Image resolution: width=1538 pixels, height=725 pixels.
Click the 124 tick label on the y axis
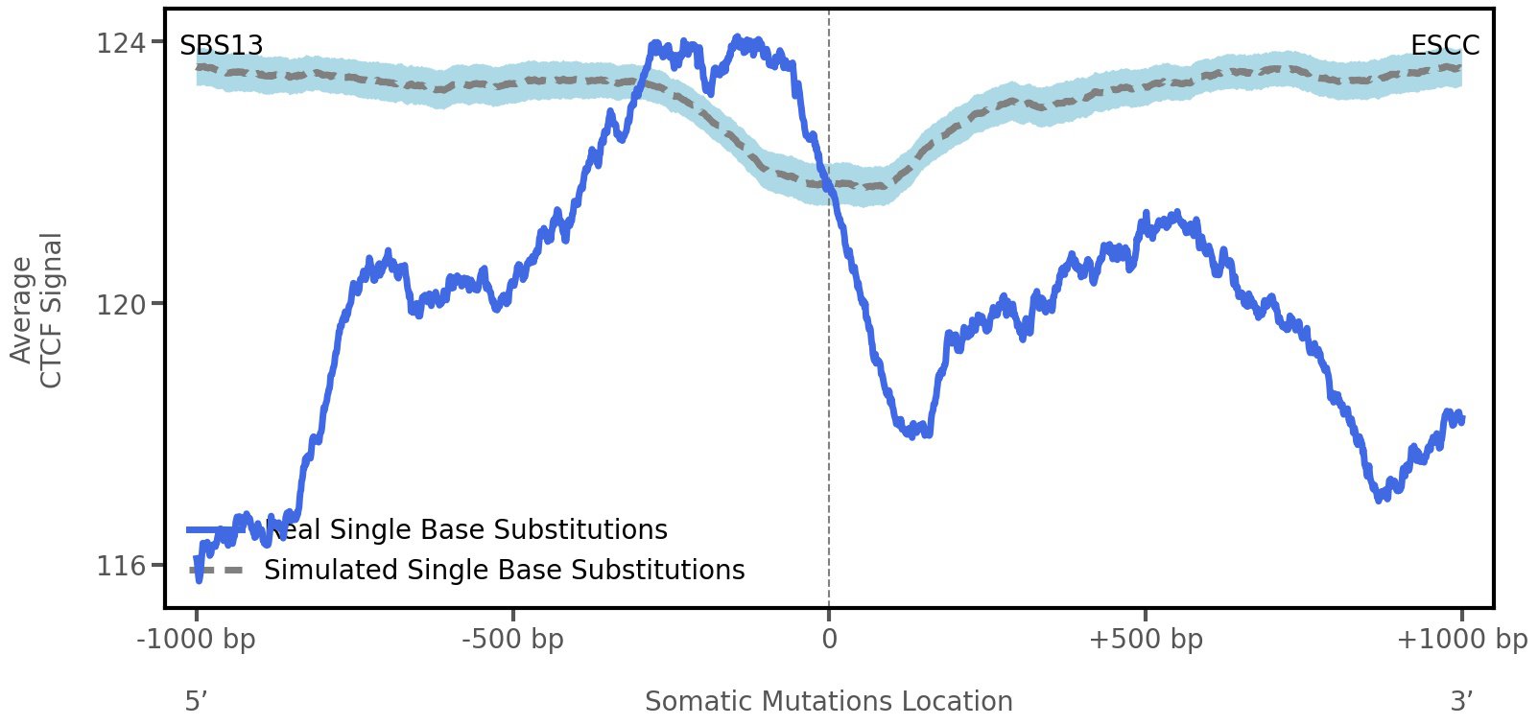[121, 44]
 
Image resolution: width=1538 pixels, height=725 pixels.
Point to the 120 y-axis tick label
[121, 305]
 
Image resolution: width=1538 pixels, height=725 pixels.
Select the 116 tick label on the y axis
[121, 567]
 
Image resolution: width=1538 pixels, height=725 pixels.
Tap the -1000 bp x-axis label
[197, 640]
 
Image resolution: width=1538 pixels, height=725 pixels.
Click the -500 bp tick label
[512, 640]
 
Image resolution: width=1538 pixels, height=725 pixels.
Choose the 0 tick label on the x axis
[829, 640]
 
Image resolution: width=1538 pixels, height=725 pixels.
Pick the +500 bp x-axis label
[1146, 640]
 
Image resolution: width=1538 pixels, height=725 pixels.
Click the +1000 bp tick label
[1461, 640]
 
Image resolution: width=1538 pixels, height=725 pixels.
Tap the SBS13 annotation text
[222, 46]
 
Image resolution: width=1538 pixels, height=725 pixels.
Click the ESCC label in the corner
[1444, 46]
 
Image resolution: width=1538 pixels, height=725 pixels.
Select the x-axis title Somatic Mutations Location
[828, 702]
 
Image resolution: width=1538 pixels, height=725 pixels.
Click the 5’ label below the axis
[197, 702]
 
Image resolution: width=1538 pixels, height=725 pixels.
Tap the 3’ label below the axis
[1461, 702]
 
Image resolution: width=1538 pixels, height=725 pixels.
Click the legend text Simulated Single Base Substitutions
[504, 571]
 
